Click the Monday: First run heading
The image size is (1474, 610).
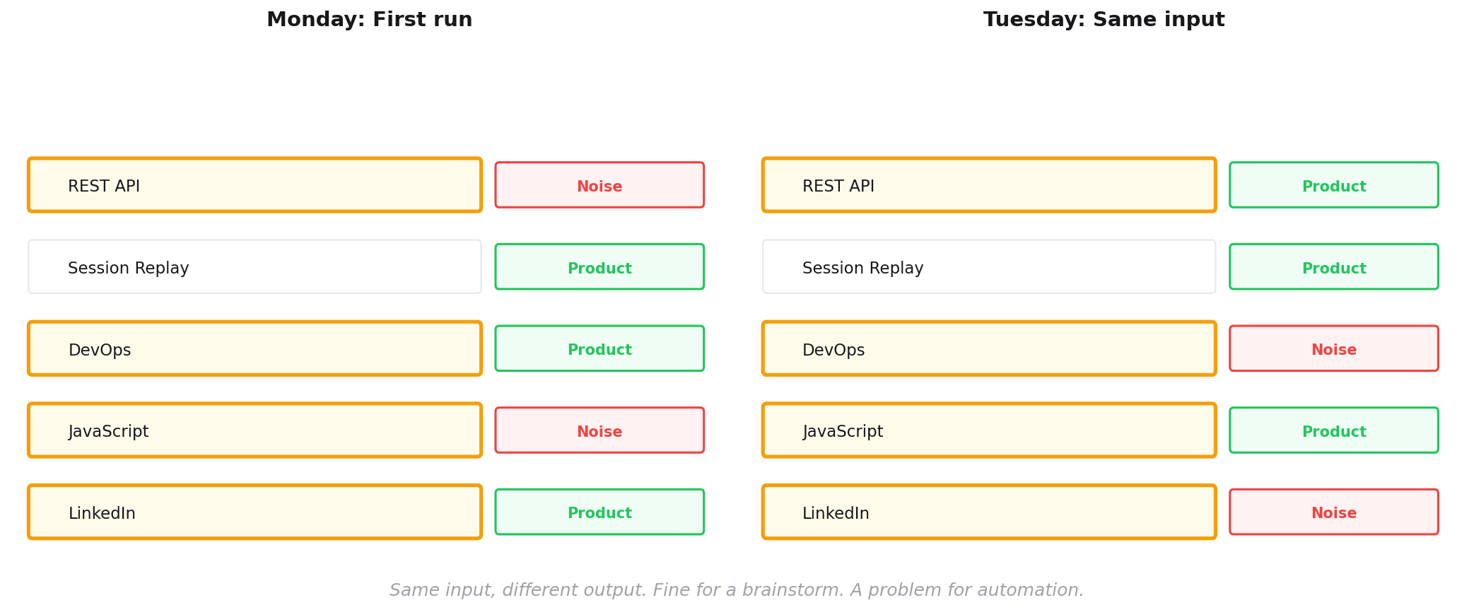click(369, 20)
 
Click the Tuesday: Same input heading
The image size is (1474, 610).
click(1104, 20)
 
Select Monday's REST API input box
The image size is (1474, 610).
click(255, 185)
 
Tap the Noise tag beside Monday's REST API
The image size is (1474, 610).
click(599, 185)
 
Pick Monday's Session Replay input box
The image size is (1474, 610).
click(255, 266)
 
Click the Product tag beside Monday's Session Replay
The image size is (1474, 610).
click(599, 266)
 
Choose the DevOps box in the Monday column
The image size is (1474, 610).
click(255, 348)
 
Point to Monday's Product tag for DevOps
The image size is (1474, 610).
click(599, 348)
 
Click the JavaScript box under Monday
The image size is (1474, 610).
click(255, 430)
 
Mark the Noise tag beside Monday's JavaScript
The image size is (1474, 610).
click(599, 430)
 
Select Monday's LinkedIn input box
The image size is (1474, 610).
click(255, 512)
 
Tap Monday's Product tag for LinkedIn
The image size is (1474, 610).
click(599, 512)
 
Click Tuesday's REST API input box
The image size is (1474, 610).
click(989, 185)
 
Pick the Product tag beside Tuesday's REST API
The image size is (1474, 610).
click(1334, 185)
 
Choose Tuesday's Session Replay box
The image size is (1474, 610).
click(989, 266)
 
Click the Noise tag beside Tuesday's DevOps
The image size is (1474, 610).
click(1334, 348)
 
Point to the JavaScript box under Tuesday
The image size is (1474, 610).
click(989, 430)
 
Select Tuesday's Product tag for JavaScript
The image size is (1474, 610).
click(1334, 430)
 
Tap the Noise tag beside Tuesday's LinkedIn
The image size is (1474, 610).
click(1334, 512)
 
